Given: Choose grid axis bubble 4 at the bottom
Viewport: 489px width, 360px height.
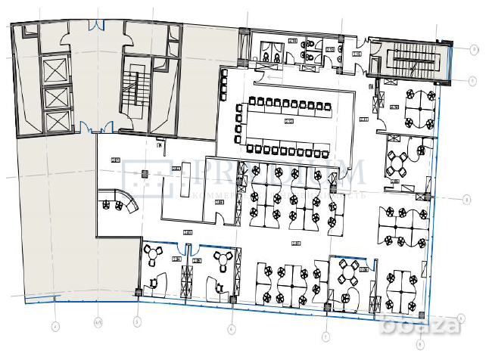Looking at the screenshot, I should [x=55, y=327].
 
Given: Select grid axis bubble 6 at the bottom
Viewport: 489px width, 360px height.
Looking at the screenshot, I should [x=232, y=329].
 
